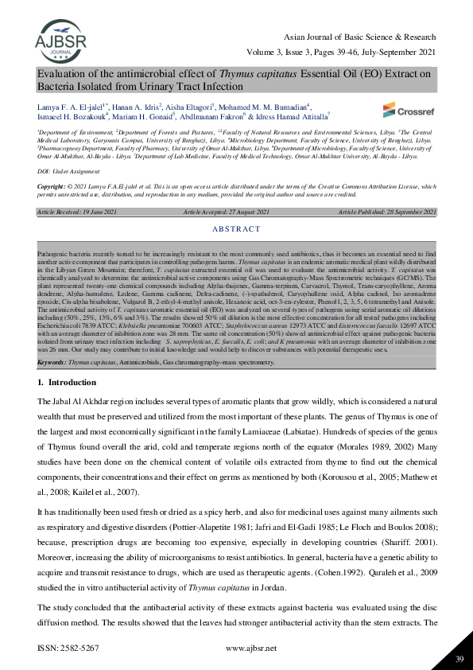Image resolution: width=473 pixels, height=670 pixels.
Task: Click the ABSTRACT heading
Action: pyautogui.click(x=236, y=228)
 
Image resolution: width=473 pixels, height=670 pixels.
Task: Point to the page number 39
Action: pyautogui.click(x=459, y=657)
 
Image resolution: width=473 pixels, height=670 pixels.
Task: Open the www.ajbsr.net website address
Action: pyautogui.click(x=251, y=649)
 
